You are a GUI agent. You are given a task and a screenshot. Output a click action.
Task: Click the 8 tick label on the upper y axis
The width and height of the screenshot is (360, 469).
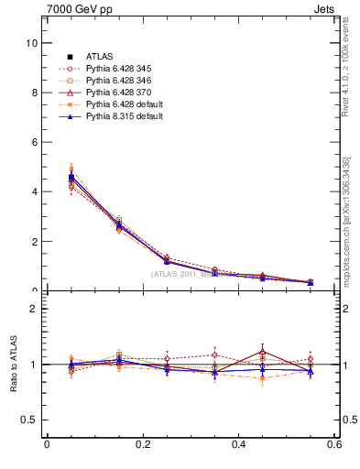[34, 93]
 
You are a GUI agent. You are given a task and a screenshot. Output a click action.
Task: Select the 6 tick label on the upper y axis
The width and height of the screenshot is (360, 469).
[34, 142]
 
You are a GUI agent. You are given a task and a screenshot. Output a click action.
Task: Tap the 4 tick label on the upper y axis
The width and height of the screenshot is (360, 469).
[34, 191]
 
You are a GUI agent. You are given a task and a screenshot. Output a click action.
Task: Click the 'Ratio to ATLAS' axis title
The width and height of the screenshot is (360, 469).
[12, 365]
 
